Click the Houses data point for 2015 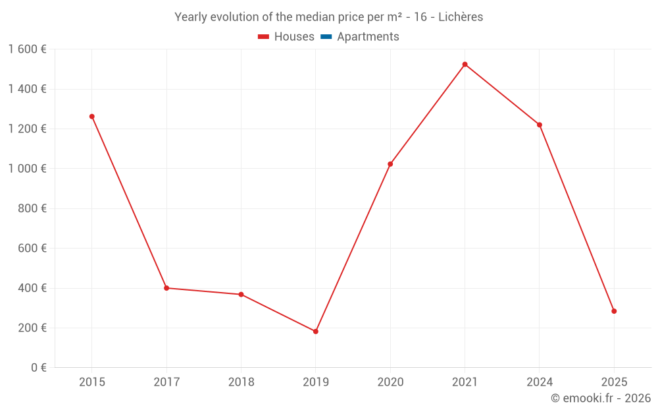[92, 117]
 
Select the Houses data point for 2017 [166, 288]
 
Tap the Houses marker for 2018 [241, 295]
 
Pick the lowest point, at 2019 [316, 332]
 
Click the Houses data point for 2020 [390, 164]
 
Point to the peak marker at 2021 [465, 65]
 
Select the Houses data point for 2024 [540, 125]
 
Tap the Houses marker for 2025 [614, 311]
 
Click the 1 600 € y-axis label [27, 49]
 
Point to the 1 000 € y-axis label [27, 169]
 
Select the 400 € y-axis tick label [32, 288]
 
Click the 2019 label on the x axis [316, 382]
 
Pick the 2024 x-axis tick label [540, 382]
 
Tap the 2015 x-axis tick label [92, 382]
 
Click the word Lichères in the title [461, 17]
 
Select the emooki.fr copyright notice [600, 398]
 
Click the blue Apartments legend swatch [326, 37]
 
